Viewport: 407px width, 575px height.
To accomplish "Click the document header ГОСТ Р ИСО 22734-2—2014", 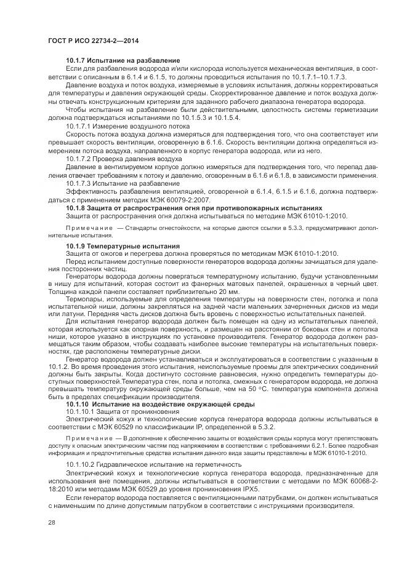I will (93, 41).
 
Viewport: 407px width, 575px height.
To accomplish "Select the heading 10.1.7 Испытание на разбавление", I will (123, 60).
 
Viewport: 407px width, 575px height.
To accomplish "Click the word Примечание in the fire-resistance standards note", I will (87, 227).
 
